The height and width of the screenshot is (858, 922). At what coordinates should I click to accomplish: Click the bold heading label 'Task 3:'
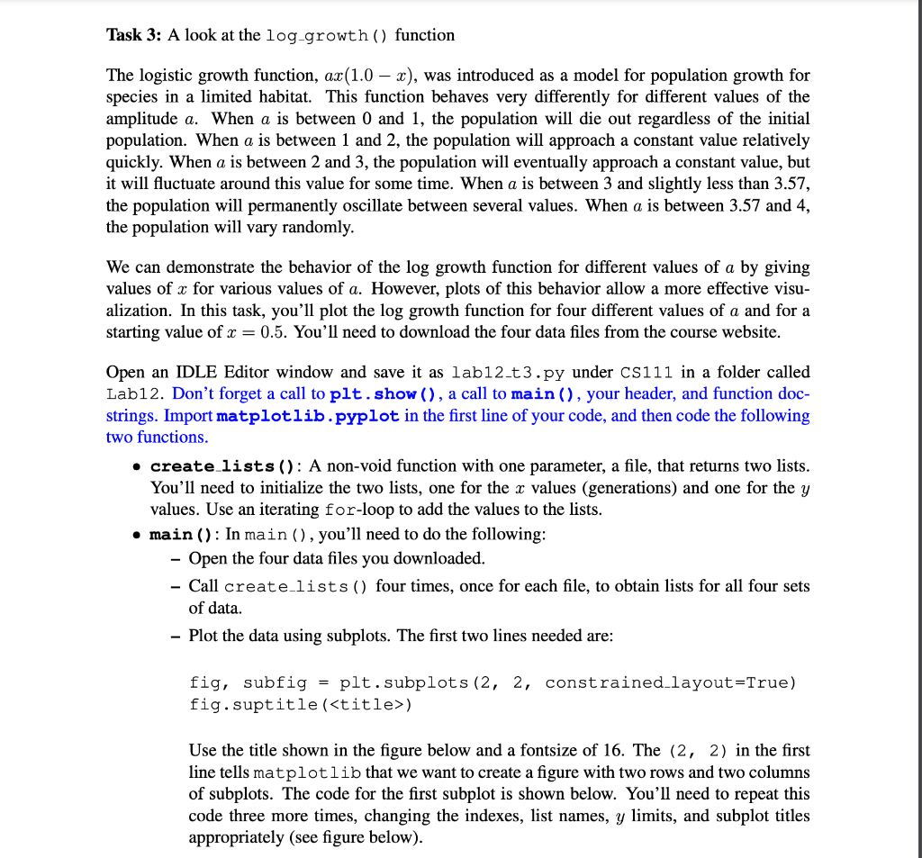(133, 35)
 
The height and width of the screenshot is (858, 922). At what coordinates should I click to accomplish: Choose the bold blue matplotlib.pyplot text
(309, 415)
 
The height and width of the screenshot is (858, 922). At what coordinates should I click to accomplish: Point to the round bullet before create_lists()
(135, 465)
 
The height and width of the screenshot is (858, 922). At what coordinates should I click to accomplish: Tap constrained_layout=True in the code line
(671, 682)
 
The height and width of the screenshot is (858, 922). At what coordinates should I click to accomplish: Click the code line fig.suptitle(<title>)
(302, 703)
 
